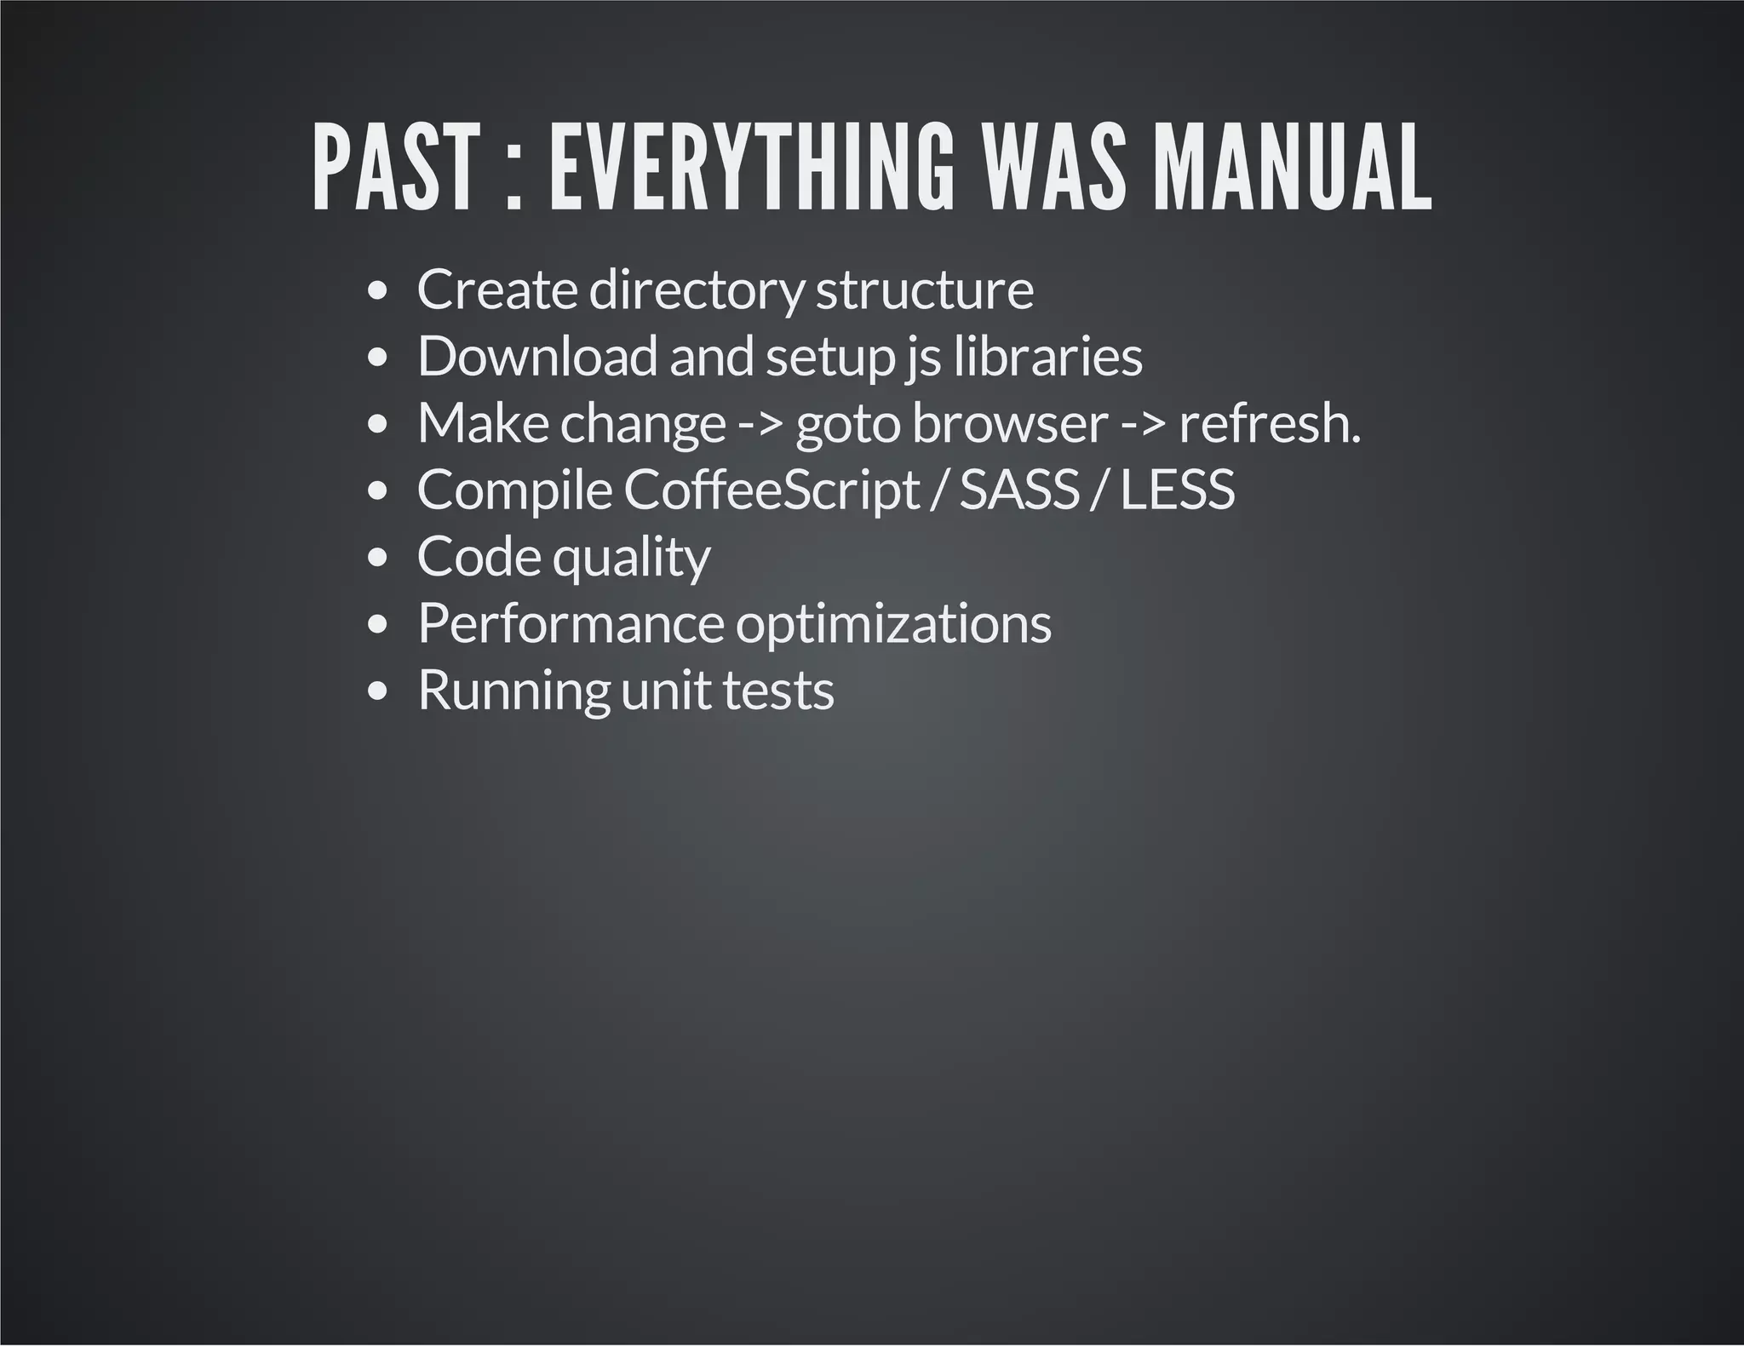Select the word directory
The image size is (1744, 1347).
click(696, 290)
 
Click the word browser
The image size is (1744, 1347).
click(1010, 423)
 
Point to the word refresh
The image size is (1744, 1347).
click(1269, 423)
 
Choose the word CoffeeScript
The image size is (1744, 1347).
click(772, 490)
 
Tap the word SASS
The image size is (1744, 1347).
click(1019, 490)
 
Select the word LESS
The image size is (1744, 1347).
click(1177, 490)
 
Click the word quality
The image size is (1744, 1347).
click(631, 558)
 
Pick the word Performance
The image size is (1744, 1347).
click(571, 624)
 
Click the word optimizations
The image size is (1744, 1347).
click(893, 624)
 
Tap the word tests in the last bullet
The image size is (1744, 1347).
click(778, 691)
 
